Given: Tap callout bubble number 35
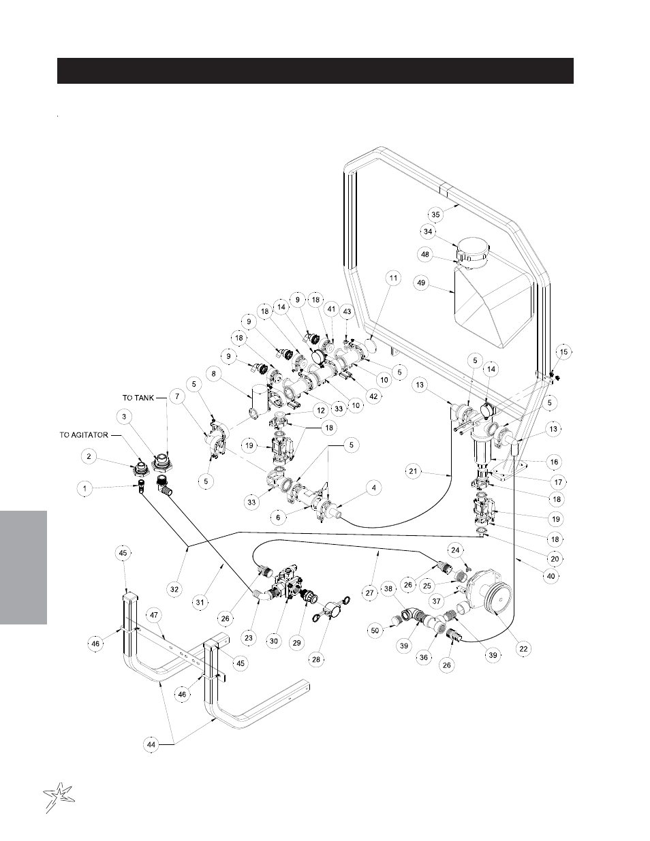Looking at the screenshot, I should [436, 214].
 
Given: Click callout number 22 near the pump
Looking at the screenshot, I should [523, 649].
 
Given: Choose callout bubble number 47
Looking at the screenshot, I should [155, 614].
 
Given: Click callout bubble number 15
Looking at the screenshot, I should [563, 351].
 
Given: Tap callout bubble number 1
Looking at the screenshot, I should [85, 488].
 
